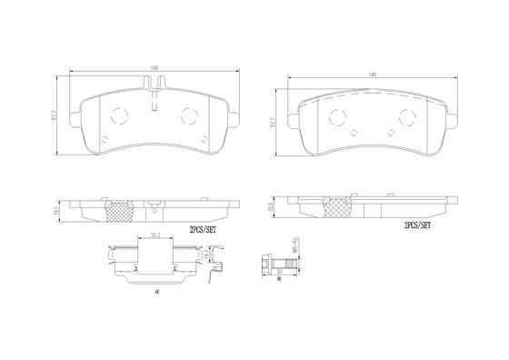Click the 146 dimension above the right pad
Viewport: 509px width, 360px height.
pyautogui.click(x=373, y=74)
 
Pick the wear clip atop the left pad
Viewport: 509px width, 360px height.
pyautogui.click(x=156, y=85)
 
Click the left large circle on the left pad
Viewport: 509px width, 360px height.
pyautogui.click(x=118, y=115)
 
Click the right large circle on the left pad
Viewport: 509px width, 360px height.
pyautogui.click(x=190, y=115)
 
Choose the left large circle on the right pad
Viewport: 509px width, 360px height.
pyautogui.click(x=336, y=116)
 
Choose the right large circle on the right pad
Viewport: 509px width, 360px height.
pyautogui.click(x=405, y=116)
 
